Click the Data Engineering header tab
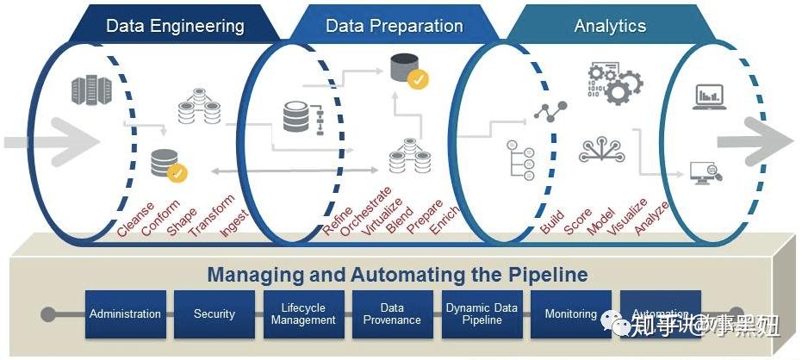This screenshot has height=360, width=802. tap(175, 26)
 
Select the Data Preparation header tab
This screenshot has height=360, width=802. tap(393, 26)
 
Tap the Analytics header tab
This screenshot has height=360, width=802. tap(610, 26)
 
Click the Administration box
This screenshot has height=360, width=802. tap(126, 314)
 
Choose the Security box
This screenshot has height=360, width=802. tap(214, 314)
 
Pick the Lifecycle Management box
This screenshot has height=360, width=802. tap(303, 314)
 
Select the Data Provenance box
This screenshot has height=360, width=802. tap(392, 314)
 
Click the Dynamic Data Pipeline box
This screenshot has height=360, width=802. tap(482, 314)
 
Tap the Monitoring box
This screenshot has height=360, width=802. tap(570, 314)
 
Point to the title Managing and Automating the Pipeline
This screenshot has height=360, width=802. tap(397, 276)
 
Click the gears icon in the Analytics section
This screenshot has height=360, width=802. tap(615, 83)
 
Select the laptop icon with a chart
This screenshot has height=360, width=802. tap(708, 97)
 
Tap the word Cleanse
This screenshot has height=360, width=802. tap(136, 219)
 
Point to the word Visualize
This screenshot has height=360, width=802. tap(626, 216)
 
